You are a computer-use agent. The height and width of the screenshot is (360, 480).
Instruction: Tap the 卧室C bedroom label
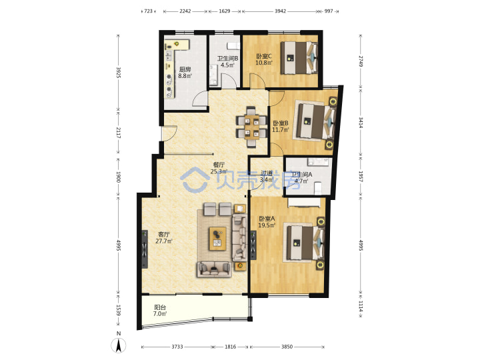coord(263,56)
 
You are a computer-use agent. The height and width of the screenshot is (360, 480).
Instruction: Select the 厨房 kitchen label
coord(185,69)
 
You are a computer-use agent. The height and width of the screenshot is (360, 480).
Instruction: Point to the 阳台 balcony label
coord(160,307)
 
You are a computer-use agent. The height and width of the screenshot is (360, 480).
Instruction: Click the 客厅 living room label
coord(163,235)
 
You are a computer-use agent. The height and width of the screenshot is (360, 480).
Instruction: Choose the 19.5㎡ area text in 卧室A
coord(267,225)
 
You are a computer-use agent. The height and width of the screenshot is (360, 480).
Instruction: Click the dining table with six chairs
coord(251,127)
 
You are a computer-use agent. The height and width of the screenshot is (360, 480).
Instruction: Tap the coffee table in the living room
coord(217,239)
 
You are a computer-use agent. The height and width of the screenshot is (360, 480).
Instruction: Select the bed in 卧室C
coord(299,58)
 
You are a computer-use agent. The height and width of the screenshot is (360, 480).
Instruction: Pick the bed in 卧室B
coord(315,121)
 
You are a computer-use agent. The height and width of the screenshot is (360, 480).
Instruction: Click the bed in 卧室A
coord(305,243)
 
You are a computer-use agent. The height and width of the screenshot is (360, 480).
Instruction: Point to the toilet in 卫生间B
coord(233,46)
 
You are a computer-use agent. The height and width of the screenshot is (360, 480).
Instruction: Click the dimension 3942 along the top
coord(280,11)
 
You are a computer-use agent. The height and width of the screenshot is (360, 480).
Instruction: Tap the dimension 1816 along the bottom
coord(230,347)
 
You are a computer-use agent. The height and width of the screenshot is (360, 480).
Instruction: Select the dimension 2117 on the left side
coord(119,133)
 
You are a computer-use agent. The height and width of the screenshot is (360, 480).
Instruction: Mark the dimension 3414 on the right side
coord(361,123)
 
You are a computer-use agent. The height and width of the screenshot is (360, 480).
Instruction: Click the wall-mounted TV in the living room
coord(145,249)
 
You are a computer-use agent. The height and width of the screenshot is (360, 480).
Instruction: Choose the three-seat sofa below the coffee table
coord(214,269)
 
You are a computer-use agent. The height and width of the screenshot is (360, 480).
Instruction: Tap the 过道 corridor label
coord(266,173)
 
